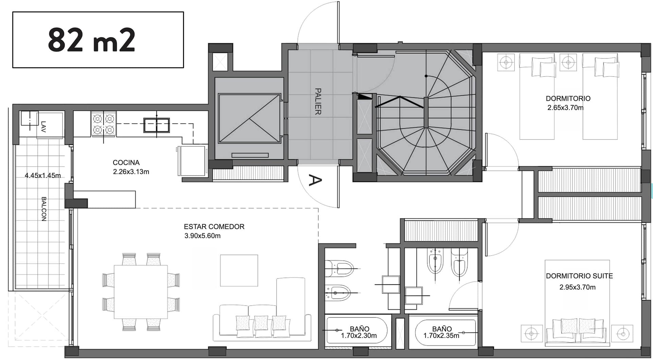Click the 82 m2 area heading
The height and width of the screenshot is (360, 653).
91,40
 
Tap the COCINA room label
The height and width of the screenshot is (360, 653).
126,163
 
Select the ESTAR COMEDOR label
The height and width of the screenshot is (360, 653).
214,227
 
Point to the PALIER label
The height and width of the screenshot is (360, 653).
318,101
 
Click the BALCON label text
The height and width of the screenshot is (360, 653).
44,209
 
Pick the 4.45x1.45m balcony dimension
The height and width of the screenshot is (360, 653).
43,176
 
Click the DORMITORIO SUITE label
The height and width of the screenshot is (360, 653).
580,276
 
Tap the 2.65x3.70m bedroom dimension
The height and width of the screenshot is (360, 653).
566,108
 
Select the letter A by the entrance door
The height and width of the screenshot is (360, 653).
315,180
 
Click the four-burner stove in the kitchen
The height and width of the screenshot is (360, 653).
103,124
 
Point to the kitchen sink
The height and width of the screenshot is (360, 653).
156,125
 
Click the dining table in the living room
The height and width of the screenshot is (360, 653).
141,292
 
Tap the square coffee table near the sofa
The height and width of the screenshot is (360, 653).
239,271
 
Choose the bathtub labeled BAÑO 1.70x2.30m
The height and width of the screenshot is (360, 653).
357,331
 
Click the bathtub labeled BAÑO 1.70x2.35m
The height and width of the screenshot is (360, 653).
446,332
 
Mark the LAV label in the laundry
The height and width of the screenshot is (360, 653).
44,127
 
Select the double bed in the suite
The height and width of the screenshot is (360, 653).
577,303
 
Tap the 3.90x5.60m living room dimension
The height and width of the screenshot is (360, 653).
202,236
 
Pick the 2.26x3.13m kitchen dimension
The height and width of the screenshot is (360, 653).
131,172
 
